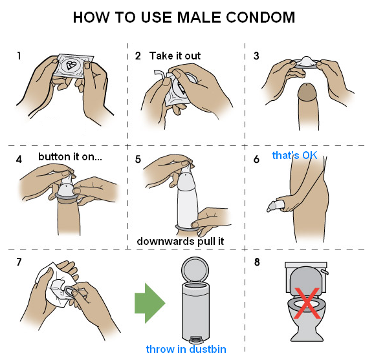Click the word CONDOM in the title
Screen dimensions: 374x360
coord(260,17)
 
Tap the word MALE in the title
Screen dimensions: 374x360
coord(199,17)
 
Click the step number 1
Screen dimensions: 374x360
coord(19,56)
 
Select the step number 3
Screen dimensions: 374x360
coord(256,56)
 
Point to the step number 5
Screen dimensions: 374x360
coord(138,159)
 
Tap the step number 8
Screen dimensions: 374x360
coord(257,262)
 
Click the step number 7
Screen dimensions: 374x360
coord(19,262)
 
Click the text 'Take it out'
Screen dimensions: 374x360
coord(175,56)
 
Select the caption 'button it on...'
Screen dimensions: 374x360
coord(70,157)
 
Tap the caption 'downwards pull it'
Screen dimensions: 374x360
coord(181,241)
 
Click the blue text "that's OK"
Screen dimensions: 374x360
coord(294,155)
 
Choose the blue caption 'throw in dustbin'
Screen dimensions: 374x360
coord(186,349)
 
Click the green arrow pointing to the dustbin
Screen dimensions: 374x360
coord(149,303)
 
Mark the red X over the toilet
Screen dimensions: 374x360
coord(307,303)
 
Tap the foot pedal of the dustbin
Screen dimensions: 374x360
coord(195,339)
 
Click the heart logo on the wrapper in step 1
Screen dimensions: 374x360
coord(71,65)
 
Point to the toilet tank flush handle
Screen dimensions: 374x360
coord(324,271)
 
